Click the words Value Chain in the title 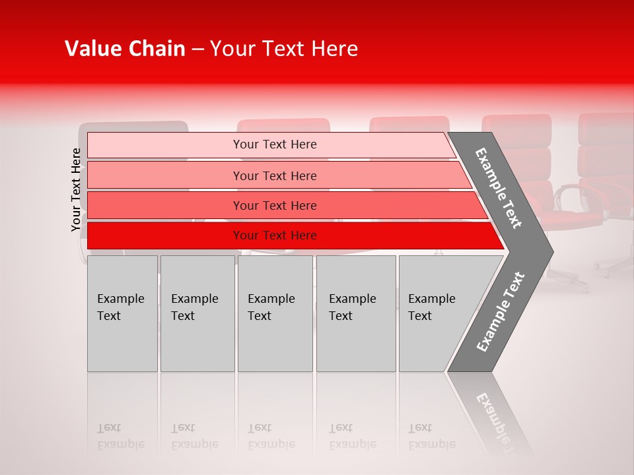point(125,49)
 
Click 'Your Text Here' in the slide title point(284,49)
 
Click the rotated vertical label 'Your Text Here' point(76,190)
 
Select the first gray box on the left point(122,314)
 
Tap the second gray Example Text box point(197,314)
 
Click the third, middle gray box point(275,314)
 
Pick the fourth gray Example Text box point(355,314)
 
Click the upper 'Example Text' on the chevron point(499,188)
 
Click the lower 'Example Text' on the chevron point(501,311)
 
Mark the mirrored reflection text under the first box point(121,436)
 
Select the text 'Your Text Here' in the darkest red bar point(275,236)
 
